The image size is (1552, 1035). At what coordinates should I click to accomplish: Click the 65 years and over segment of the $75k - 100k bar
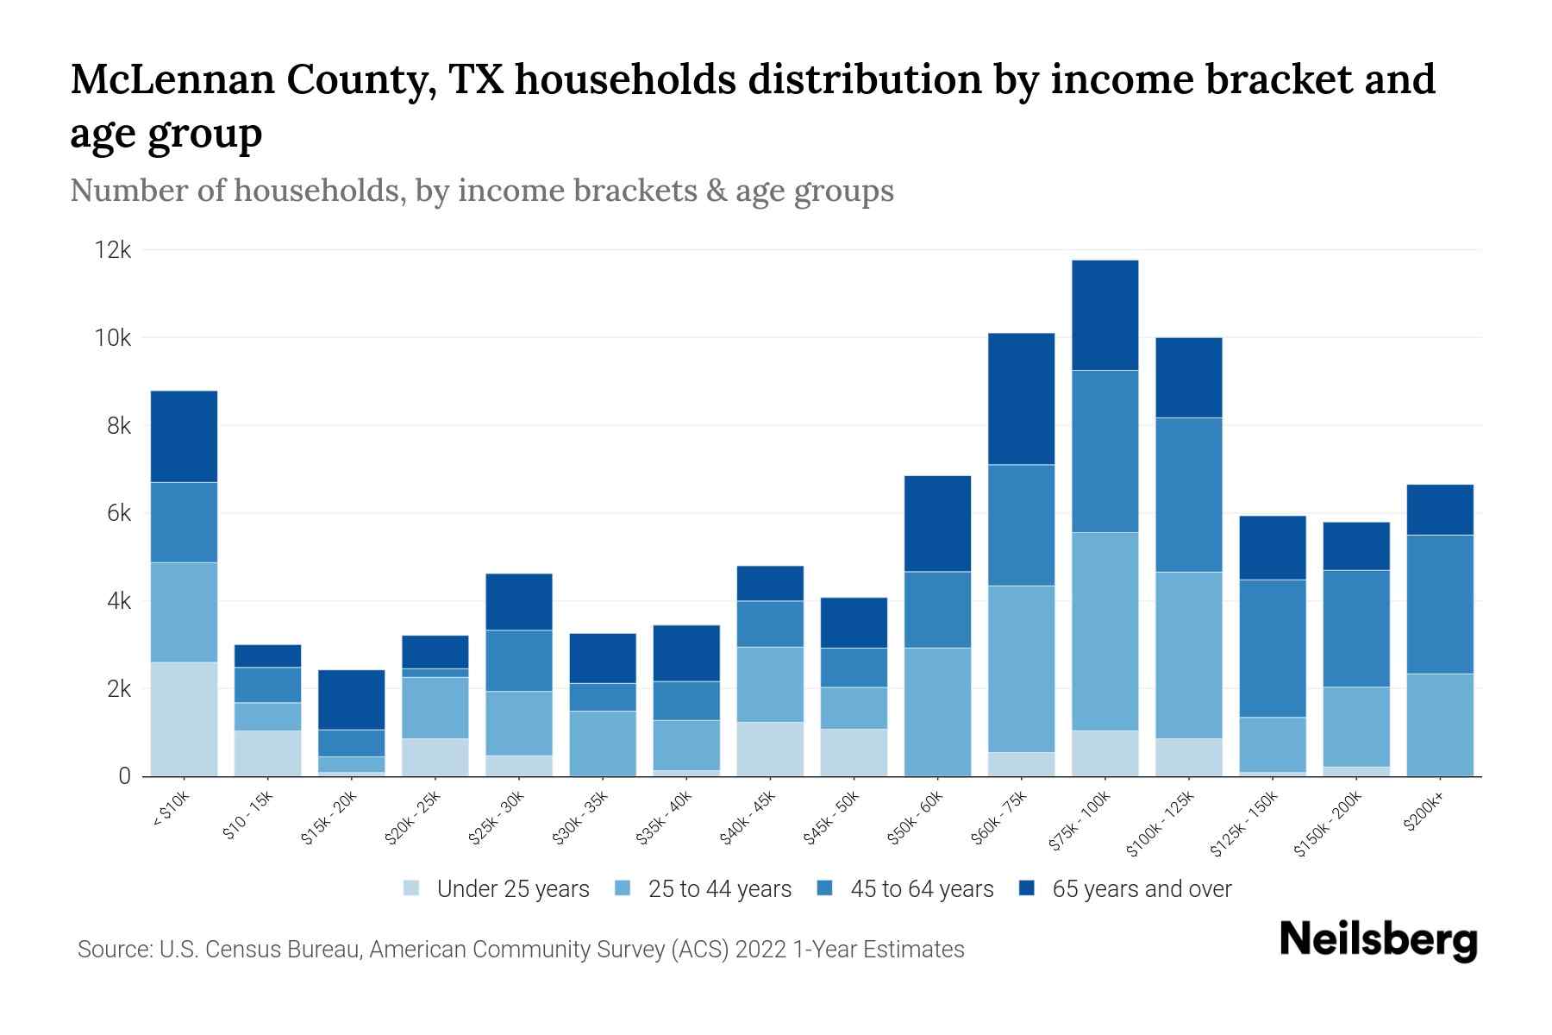(x=1105, y=315)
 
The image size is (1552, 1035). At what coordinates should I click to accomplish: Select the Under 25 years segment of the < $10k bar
(x=184, y=718)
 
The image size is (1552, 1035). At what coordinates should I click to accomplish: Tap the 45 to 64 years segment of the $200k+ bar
(x=1440, y=604)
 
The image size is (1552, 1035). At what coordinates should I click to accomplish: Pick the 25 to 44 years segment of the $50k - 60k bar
(x=937, y=712)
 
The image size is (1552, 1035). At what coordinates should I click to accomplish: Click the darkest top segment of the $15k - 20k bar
(x=352, y=699)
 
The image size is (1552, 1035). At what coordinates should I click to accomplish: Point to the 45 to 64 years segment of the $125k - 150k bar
(x=1273, y=649)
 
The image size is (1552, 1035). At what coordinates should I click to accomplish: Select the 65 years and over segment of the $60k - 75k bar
(x=1021, y=398)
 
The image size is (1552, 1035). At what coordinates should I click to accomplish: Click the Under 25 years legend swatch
(x=412, y=888)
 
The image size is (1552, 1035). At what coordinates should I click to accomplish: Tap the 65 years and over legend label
(x=1142, y=889)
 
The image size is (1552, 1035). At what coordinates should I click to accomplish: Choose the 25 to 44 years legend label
(x=720, y=889)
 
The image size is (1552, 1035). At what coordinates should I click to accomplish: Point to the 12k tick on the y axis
(x=113, y=250)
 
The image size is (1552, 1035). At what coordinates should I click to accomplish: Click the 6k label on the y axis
(x=116, y=513)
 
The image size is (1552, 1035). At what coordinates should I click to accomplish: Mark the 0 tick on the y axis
(x=125, y=776)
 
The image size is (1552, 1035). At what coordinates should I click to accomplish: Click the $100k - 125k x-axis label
(x=1160, y=825)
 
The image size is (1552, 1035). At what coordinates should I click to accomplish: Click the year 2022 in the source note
(x=761, y=950)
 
